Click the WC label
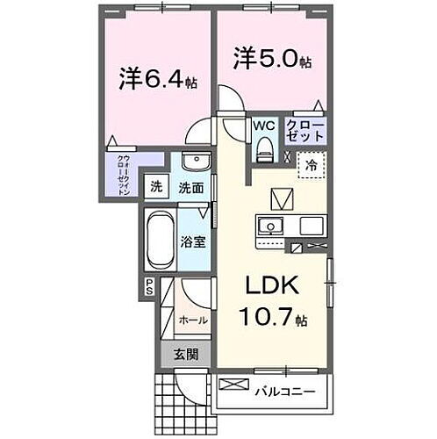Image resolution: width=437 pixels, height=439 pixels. click(264, 126)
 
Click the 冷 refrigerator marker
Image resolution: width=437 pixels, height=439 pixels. click(312, 163)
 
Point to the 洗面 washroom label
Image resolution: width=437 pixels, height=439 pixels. click(191, 187)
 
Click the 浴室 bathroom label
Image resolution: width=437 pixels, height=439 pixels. click(194, 240)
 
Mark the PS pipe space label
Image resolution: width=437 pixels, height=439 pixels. click(149, 285)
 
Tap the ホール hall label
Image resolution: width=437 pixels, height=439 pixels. click(193, 320)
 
